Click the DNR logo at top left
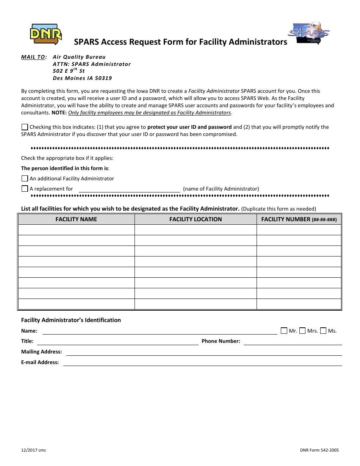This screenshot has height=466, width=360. (45, 33)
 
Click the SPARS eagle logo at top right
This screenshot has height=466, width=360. (311, 33)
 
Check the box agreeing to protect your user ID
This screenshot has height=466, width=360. (25, 127)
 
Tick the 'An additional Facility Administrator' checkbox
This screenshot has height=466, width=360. (25, 178)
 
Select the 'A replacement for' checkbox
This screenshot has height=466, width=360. (25, 189)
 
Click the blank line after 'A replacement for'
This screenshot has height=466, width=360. (129, 189)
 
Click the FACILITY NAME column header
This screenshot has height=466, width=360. (76, 219)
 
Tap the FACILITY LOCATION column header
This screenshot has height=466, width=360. (196, 219)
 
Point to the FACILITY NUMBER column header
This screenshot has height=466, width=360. (299, 219)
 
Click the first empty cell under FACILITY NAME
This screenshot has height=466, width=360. (76, 230)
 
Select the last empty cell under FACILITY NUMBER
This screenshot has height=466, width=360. (299, 304)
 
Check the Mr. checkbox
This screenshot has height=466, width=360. (284, 331)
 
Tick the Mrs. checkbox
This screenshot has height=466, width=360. (302, 331)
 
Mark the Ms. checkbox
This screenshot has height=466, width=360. (323, 331)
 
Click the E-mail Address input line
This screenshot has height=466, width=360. (202, 363)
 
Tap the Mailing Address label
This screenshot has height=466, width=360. (42, 352)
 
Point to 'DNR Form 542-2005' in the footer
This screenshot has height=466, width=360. (319, 450)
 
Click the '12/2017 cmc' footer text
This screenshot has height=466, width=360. (34, 450)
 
